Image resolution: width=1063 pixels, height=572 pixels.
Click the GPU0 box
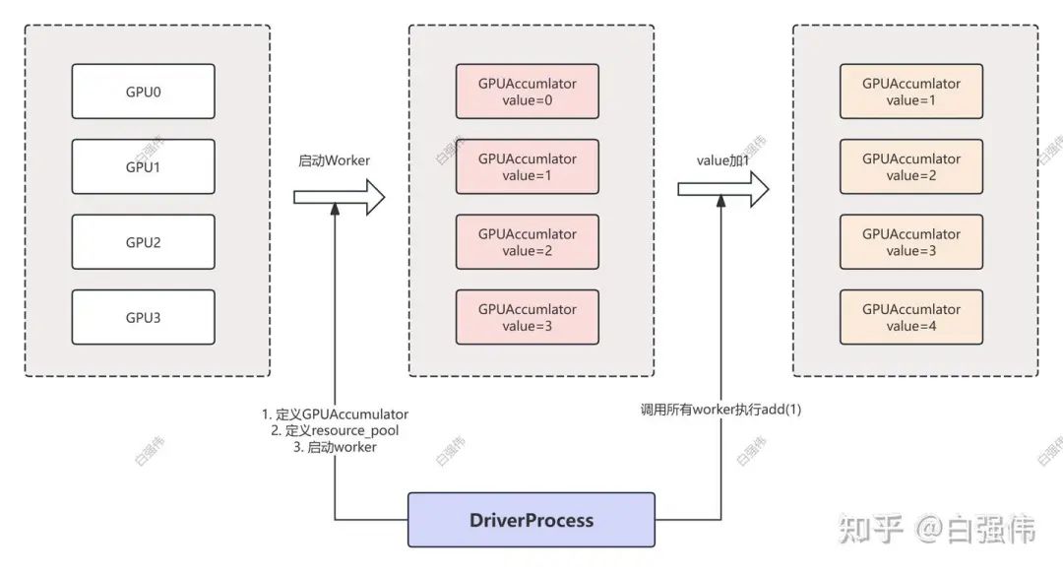[144, 92]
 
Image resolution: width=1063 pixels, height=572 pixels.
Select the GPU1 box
[144, 166]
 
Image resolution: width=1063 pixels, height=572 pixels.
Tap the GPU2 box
[144, 242]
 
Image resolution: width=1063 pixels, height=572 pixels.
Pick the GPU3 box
[144, 317]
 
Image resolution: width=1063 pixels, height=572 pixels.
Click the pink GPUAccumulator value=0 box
[527, 92]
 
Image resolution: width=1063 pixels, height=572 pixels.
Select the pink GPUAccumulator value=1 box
[527, 166]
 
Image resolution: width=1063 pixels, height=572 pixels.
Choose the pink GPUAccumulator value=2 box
[527, 242]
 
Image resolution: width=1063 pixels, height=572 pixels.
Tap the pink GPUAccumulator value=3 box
[527, 317]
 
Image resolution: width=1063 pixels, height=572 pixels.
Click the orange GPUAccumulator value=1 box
[911, 92]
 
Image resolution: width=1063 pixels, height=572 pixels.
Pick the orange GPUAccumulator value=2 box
[911, 166]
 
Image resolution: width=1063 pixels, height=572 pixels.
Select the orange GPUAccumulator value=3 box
[911, 242]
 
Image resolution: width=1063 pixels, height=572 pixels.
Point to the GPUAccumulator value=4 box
[911, 317]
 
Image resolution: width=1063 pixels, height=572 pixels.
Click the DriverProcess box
[531, 520]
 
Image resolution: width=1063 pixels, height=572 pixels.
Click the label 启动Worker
[334, 159]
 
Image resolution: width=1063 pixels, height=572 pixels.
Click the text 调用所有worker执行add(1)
[720, 409]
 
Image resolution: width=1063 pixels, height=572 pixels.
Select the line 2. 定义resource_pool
[334, 430]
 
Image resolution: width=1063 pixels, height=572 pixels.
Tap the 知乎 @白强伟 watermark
[937, 531]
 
